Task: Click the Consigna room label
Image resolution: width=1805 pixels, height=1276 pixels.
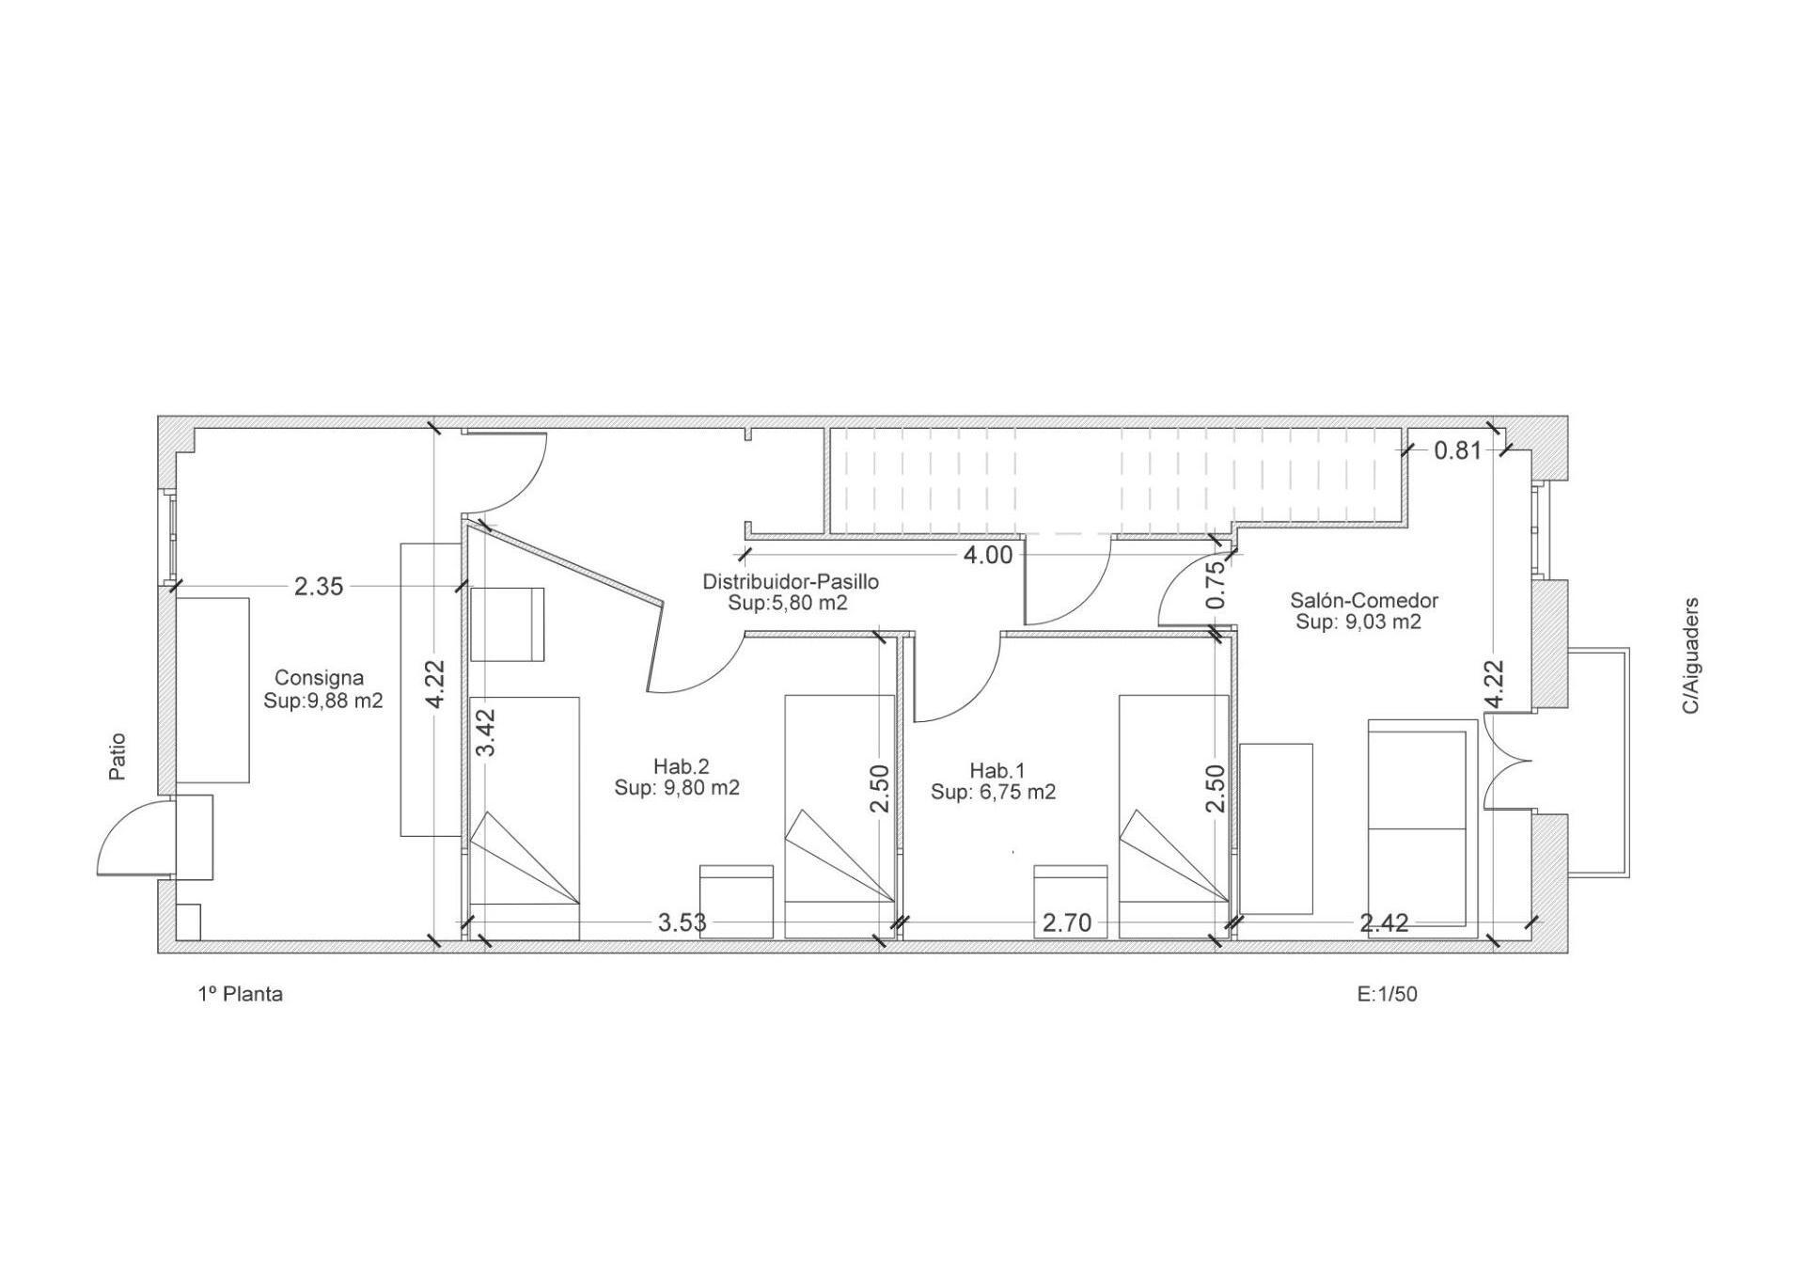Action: (319, 678)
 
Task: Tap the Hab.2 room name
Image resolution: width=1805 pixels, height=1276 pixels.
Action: (682, 766)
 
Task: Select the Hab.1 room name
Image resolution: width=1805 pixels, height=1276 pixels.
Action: (997, 771)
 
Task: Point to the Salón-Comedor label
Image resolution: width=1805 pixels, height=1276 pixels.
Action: (1364, 600)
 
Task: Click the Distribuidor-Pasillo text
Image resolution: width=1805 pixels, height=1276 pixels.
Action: (791, 582)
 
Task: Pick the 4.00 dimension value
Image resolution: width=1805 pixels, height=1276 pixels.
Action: (987, 556)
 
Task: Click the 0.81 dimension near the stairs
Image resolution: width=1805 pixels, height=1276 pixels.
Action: (1458, 450)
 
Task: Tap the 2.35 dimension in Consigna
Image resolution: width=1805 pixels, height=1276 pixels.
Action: (319, 587)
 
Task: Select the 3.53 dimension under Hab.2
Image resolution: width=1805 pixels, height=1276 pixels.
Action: (682, 922)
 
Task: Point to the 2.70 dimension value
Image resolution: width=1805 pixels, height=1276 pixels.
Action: (1067, 923)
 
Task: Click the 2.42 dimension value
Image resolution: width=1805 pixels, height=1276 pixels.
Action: (1384, 923)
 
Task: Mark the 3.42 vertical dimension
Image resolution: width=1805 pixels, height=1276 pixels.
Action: (486, 733)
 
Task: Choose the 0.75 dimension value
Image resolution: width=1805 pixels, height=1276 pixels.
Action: (1216, 584)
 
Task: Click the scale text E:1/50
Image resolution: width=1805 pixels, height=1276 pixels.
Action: (1387, 994)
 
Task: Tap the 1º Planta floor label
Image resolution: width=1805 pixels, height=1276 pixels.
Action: (241, 994)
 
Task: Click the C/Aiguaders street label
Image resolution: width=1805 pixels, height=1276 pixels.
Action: (1691, 655)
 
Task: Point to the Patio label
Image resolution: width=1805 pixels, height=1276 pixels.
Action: (118, 757)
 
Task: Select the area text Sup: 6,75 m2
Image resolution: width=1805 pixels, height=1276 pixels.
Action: (994, 793)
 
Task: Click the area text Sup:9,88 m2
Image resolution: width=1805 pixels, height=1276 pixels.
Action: (323, 701)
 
